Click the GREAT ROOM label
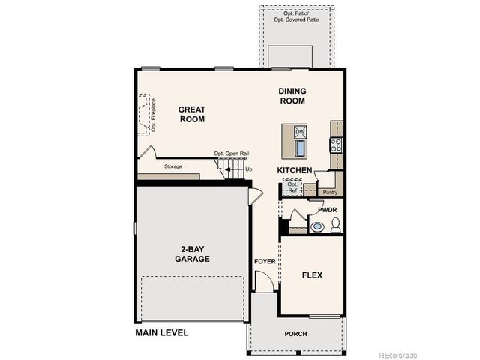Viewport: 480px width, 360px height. click(x=191, y=114)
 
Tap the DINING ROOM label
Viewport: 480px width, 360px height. click(x=292, y=95)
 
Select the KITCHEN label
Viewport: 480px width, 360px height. click(x=295, y=171)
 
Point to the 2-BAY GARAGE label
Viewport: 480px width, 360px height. click(x=192, y=253)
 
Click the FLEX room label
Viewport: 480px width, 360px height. click(x=312, y=275)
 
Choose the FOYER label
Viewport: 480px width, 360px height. click(x=264, y=261)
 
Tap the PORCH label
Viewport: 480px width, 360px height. click(x=295, y=334)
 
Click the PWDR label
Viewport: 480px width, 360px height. click(x=328, y=210)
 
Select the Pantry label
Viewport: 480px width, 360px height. click(x=330, y=192)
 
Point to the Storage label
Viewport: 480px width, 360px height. click(x=173, y=166)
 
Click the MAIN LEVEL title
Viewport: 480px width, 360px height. click(x=161, y=332)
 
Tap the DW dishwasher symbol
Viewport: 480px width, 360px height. click(x=300, y=132)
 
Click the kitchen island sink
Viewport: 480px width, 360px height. click(x=300, y=148)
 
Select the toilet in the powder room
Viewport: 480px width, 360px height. click(x=335, y=224)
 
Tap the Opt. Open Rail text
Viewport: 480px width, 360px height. click(x=231, y=154)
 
